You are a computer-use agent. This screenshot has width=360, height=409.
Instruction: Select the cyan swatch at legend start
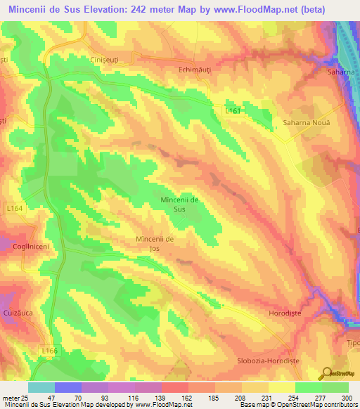(x=41, y=387)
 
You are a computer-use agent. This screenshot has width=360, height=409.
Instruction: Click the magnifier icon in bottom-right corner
(x=326, y=374)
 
